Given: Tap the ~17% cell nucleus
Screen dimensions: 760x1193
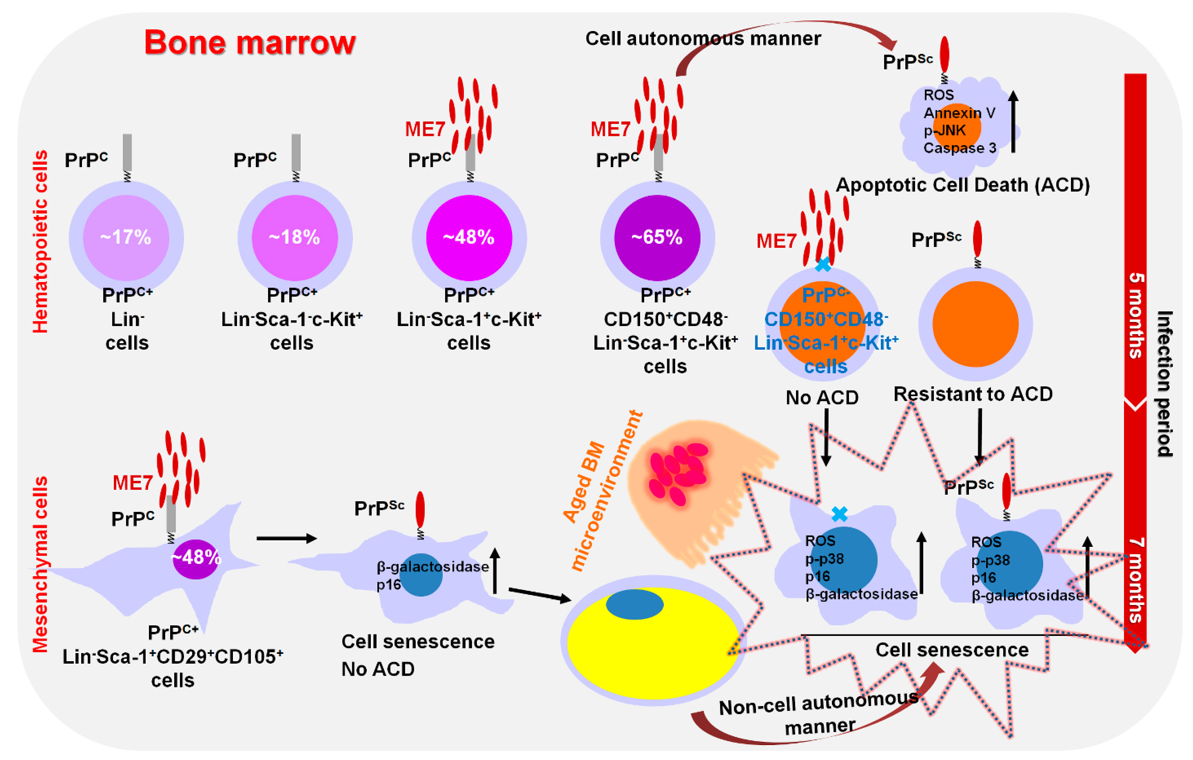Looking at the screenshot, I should (126, 238).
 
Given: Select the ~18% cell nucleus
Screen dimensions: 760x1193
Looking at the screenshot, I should (295, 238).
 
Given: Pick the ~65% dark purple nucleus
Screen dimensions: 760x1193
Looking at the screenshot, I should (657, 238).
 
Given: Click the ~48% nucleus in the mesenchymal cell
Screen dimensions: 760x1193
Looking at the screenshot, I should (195, 558).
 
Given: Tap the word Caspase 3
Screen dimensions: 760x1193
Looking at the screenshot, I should (959, 148).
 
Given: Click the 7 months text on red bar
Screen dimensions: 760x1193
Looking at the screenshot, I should (1135, 579).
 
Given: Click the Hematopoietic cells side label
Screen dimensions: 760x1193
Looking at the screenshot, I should (41, 241).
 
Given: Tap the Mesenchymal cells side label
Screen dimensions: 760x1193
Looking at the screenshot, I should (41, 564).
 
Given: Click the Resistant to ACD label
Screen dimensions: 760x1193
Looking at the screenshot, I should (973, 394).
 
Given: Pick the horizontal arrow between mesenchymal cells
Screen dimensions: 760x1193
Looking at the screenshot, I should (286, 538).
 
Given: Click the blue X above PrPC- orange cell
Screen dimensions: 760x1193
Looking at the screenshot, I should (822, 265).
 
